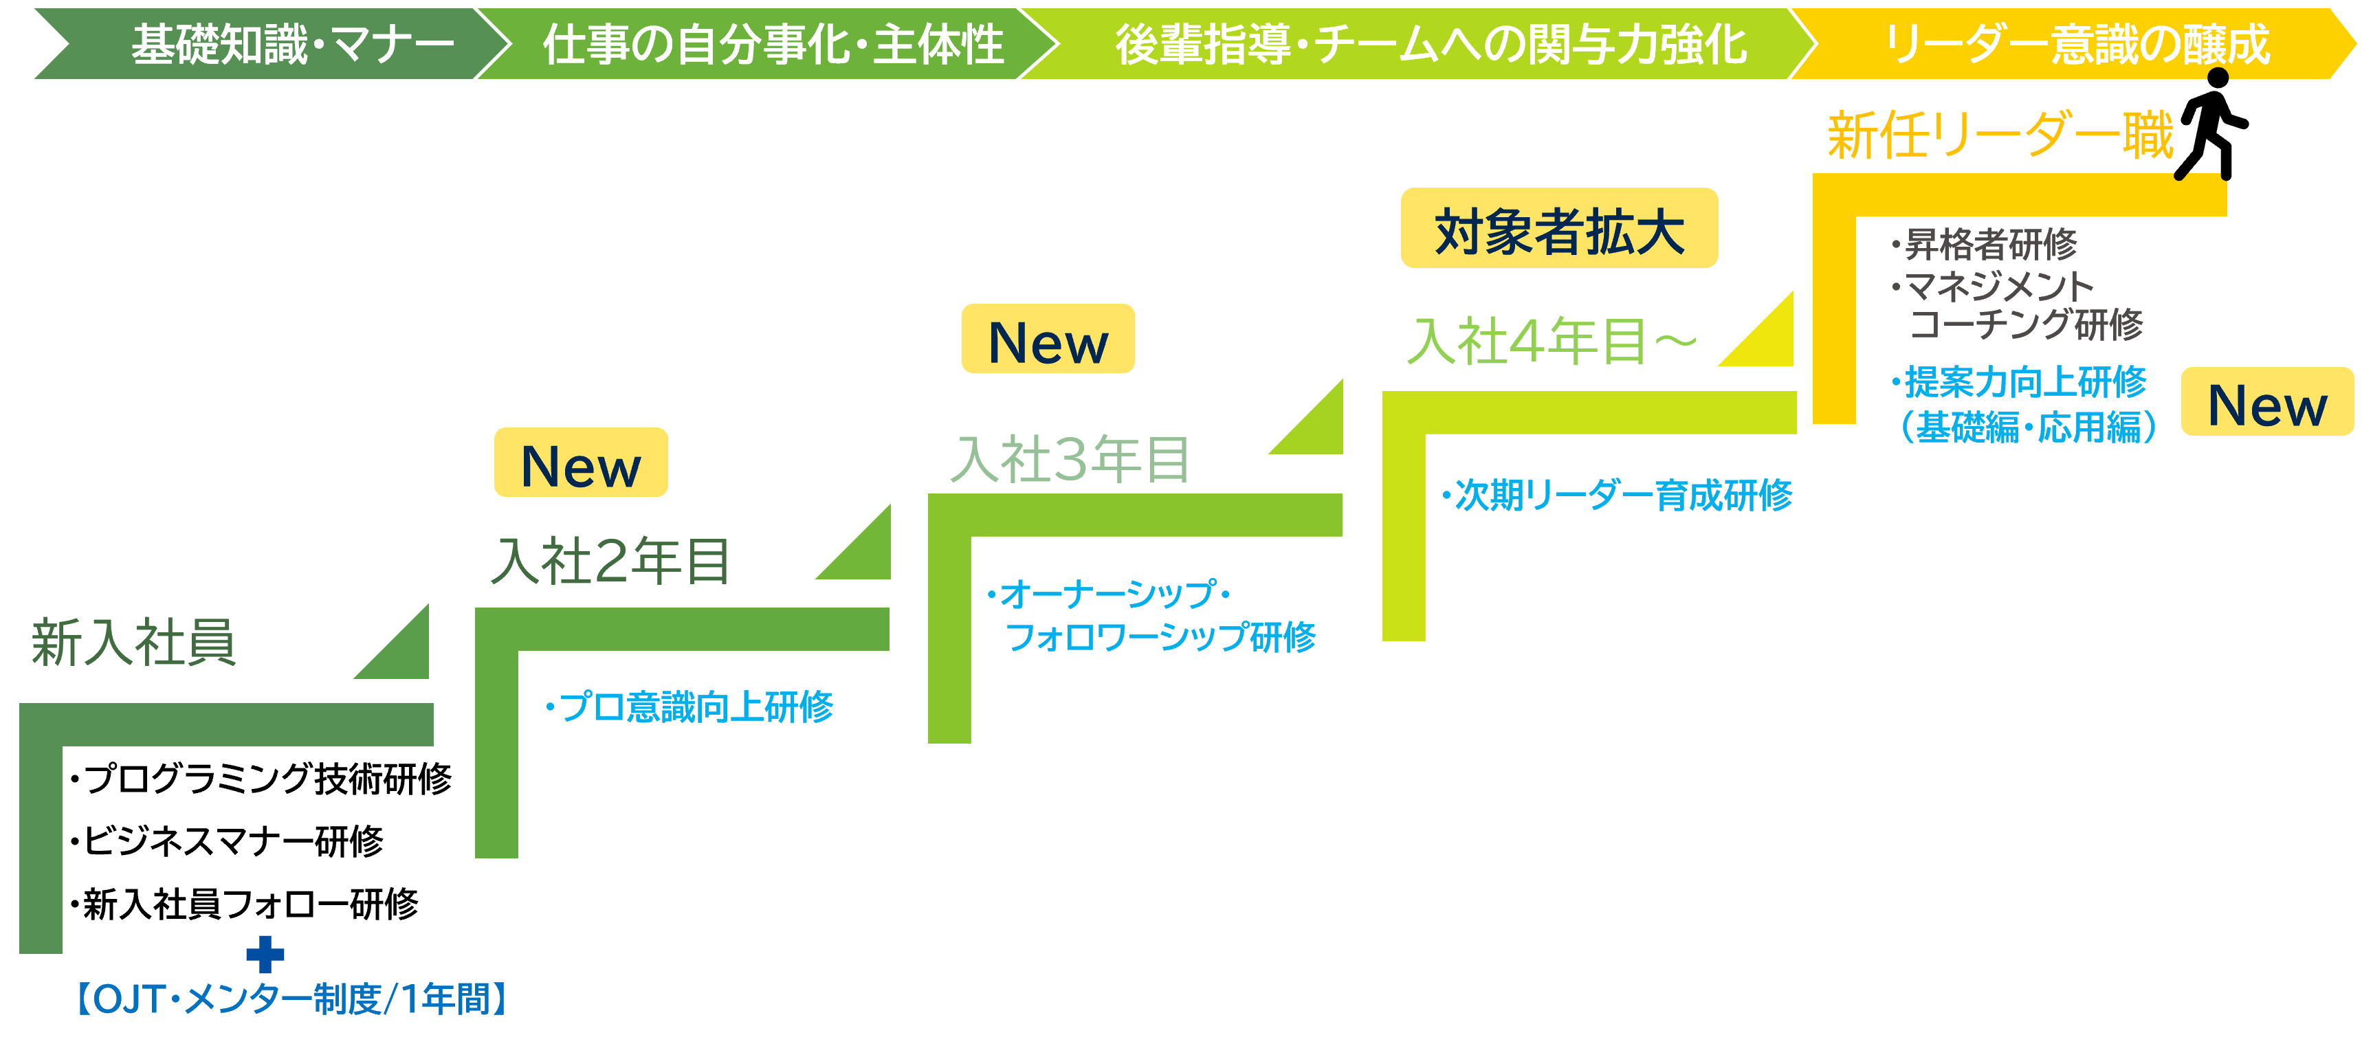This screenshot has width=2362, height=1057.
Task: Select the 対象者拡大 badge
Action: coord(1559,228)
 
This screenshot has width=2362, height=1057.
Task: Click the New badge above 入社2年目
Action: coord(580,463)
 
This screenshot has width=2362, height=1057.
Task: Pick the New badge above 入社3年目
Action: coord(1047,340)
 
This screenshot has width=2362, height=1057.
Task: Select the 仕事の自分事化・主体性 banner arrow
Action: coord(770,44)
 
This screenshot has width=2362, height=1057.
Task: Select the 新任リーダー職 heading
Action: coord(1999,135)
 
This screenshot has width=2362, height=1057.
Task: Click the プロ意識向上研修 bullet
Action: coord(693,706)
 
